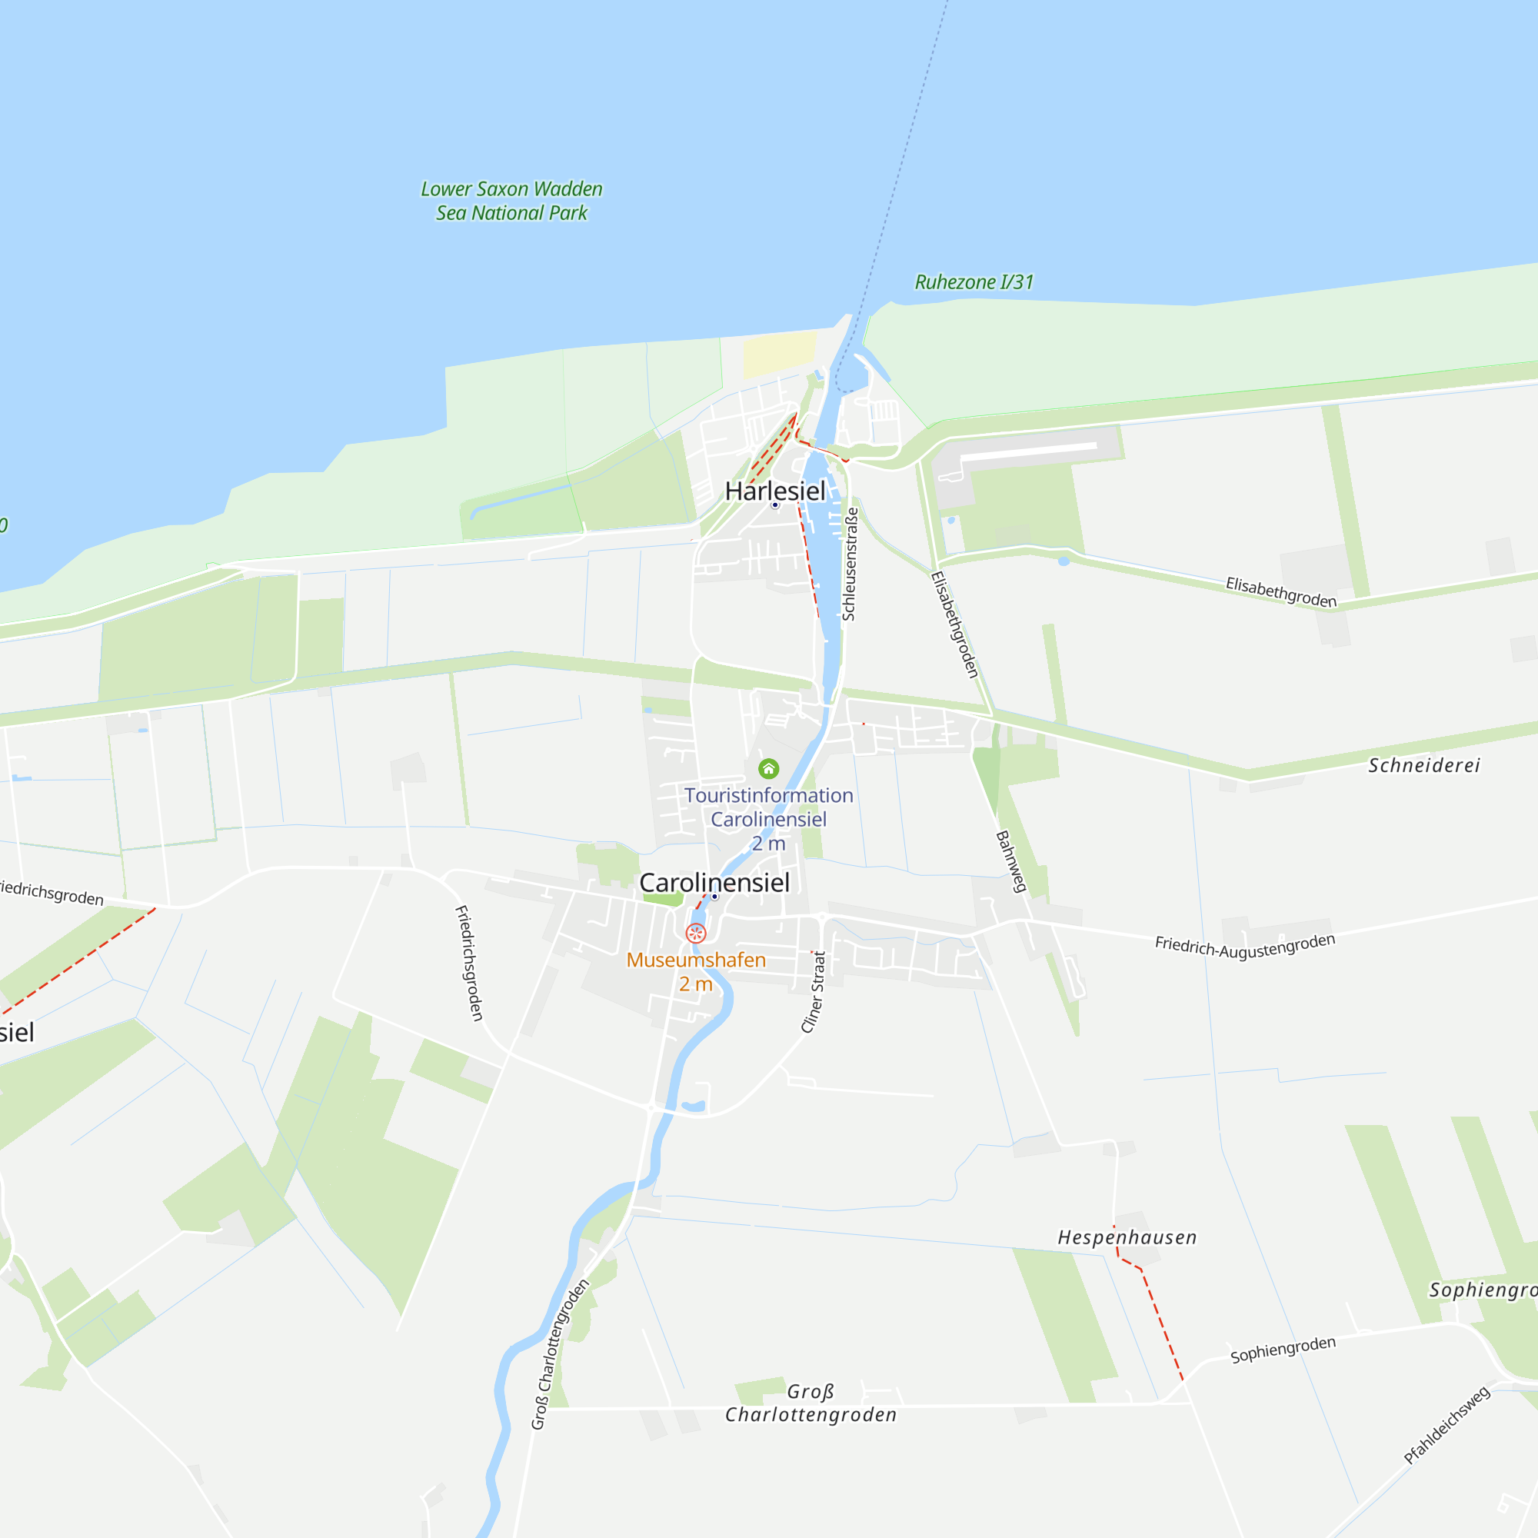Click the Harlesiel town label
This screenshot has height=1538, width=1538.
coord(774,491)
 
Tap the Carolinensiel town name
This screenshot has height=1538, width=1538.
coord(714,882)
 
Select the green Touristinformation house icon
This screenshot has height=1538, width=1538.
coord(768,768)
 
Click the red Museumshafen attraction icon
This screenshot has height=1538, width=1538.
coord(696,933)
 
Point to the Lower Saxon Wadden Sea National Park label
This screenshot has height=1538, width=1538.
coord(511,201)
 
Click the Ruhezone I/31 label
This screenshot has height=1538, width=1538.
coord(974,281)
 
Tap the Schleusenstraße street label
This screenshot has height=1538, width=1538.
coord(850,564)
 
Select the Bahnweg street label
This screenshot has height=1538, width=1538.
coord(1010,861)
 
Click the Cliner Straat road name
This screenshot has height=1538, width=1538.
coord(813,992)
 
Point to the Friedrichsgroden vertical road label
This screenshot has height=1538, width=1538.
coord(469,963)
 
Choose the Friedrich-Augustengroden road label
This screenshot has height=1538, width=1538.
coord(1244,946)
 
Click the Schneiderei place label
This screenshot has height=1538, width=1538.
coord(1423,766)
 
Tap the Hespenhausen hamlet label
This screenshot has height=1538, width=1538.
coord(1127,1237)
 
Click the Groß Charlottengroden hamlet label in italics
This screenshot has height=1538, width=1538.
coord(811,1403)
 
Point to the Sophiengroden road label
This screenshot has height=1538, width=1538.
coord(1283,1350)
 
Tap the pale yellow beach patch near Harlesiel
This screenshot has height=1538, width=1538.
coord(779,355)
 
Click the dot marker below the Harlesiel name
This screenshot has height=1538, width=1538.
coord(774,504)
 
